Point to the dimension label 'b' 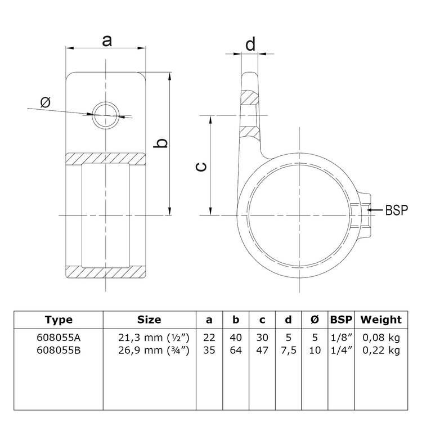click(x=161, y=144)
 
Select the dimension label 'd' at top click(x=250, y=43)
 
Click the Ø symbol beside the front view click(x=46, y=102)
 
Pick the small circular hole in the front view click(x=106, y=116)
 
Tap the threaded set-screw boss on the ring click(x=360, y=210)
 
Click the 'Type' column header click(x=59, y=320)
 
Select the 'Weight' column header click(x=381, y=320)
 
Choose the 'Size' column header click(x=149, y=320)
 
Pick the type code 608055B click(x=59, y=350)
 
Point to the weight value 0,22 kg click(x=381, y=350)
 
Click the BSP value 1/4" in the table click(x=341, y=350)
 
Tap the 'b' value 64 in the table click(x=236, y=350)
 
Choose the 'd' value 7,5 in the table click(x=288, y=350)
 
